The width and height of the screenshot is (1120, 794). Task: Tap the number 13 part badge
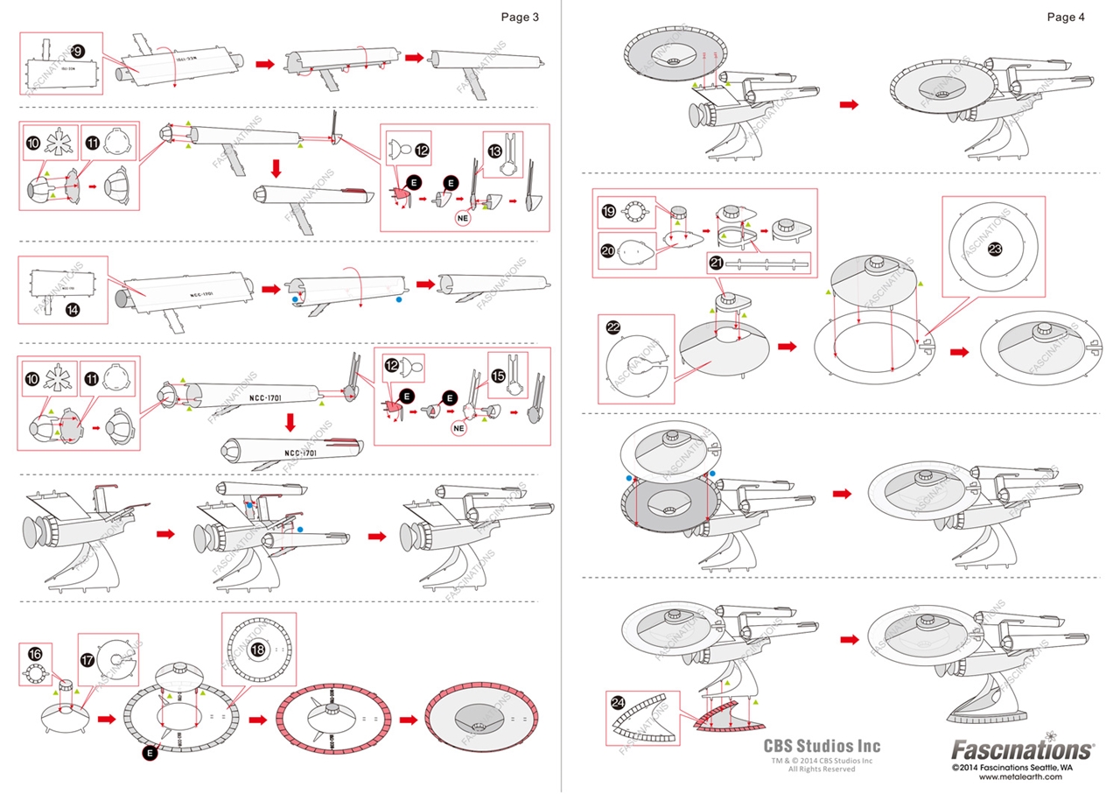495,151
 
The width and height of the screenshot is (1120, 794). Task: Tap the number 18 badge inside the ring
258,650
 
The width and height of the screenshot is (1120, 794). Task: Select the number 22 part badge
613,327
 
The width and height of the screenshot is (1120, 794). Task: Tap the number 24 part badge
618,703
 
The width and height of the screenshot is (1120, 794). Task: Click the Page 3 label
520,17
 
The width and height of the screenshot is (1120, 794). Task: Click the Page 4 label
1066,17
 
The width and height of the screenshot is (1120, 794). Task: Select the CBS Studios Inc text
822,747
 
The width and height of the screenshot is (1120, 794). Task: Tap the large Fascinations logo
1022,750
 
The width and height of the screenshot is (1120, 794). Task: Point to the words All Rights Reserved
822,769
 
